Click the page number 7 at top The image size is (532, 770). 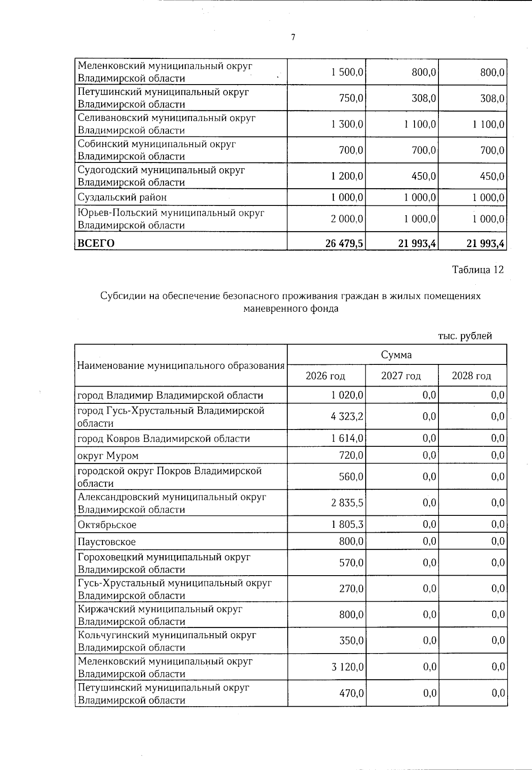point(293,38)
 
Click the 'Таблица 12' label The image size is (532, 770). point(477,270)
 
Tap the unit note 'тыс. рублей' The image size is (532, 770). point(465,336)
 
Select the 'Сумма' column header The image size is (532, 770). point(396,355)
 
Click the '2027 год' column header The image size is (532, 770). point(401,376)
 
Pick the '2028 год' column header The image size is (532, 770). point(471,376)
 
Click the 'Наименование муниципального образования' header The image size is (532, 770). point(181,366)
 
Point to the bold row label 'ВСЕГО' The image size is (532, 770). point(96,243)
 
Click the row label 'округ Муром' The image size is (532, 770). point(108,456)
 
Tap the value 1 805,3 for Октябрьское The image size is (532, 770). point(348,524)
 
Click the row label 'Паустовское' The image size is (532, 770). point(106,542)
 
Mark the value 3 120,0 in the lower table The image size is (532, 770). point(347,667)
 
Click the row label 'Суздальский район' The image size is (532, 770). point(122,197)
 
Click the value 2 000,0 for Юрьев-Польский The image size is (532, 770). point(347,219)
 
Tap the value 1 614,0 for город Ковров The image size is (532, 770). point(347,438)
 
